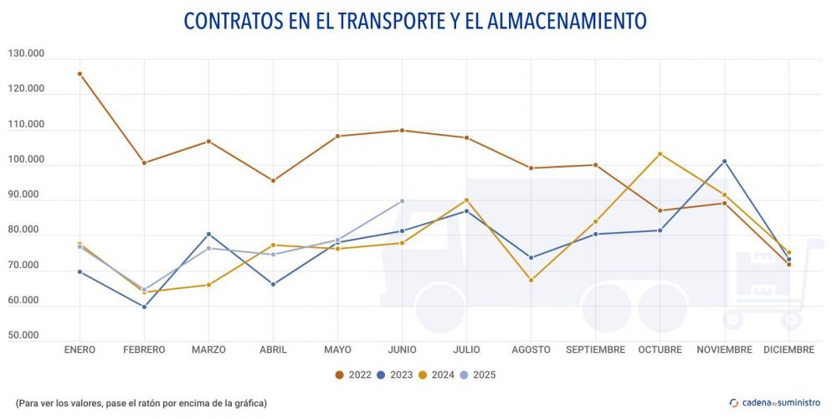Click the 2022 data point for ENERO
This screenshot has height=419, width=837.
80,74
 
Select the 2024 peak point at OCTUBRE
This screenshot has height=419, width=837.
660,154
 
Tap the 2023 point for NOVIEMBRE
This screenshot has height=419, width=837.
724,161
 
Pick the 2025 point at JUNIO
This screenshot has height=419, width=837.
402,201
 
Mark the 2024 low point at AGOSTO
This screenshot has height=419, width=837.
531,280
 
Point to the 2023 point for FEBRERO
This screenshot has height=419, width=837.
144,307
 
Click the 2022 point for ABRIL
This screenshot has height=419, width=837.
273,181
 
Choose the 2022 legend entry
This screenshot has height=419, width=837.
355,375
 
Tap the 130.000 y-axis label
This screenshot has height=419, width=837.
26,54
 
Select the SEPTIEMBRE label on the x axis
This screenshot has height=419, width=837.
595,349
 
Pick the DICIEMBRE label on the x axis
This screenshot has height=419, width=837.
788,349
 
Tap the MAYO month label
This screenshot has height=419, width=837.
337,349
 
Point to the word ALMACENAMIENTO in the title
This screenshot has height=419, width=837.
562,20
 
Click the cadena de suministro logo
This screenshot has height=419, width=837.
775,402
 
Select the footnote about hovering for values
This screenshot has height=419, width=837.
141,403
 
